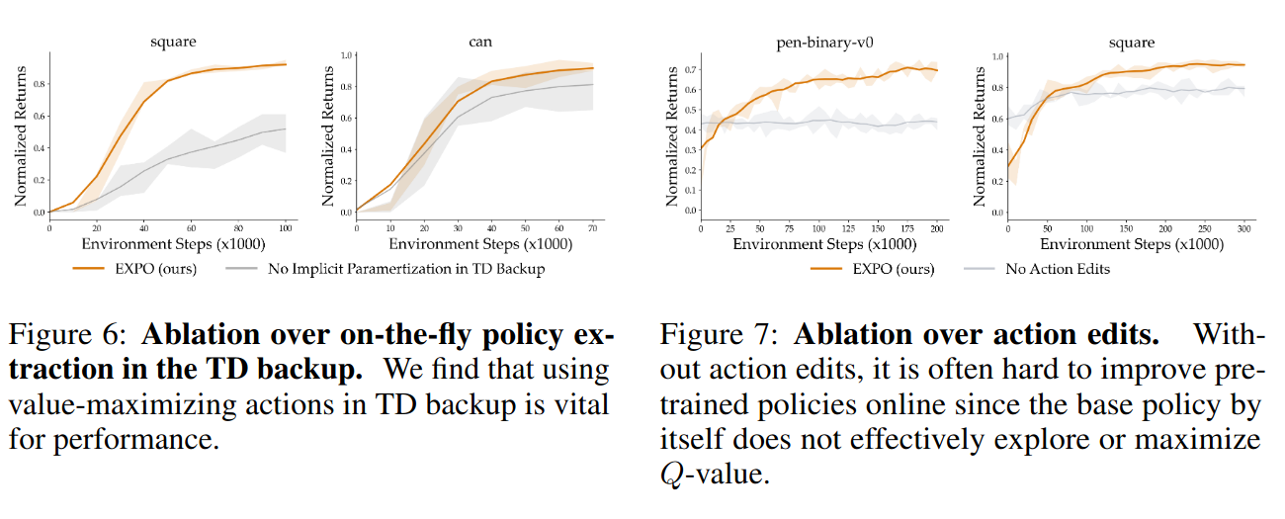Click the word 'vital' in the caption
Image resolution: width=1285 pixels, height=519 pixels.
point(578,405)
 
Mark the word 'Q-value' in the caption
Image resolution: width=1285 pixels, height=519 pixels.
point(713,475)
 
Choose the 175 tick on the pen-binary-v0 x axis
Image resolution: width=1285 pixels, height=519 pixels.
point(908,227)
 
